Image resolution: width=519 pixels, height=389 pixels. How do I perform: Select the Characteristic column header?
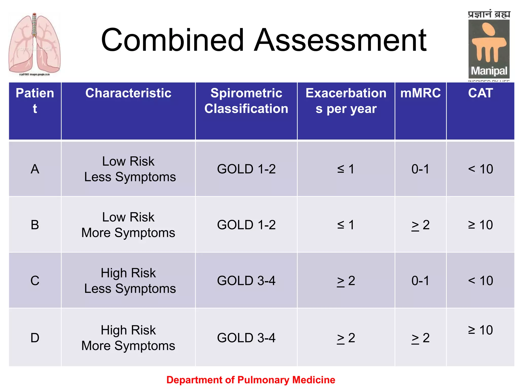128,93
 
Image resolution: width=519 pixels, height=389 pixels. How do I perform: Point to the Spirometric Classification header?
246,101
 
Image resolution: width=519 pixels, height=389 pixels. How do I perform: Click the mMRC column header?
420,93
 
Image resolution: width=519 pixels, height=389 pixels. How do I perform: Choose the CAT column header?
480,93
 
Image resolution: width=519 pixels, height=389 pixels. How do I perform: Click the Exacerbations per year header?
346,101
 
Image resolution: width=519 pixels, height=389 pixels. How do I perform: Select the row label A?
35,169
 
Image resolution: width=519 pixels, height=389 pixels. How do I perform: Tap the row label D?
35,338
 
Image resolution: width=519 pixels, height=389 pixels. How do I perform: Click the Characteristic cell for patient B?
128,225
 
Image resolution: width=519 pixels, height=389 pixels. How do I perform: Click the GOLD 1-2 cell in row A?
246,169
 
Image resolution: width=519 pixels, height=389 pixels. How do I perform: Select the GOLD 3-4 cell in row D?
246,338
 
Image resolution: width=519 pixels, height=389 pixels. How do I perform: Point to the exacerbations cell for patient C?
346,281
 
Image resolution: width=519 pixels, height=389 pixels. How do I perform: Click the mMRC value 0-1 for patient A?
420,169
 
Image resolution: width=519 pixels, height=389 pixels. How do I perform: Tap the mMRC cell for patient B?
420,225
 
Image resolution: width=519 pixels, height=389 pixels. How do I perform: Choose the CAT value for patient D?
480,330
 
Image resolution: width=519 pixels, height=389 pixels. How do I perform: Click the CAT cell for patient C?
480,281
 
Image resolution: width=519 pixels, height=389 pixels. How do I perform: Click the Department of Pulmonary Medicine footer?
251,380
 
